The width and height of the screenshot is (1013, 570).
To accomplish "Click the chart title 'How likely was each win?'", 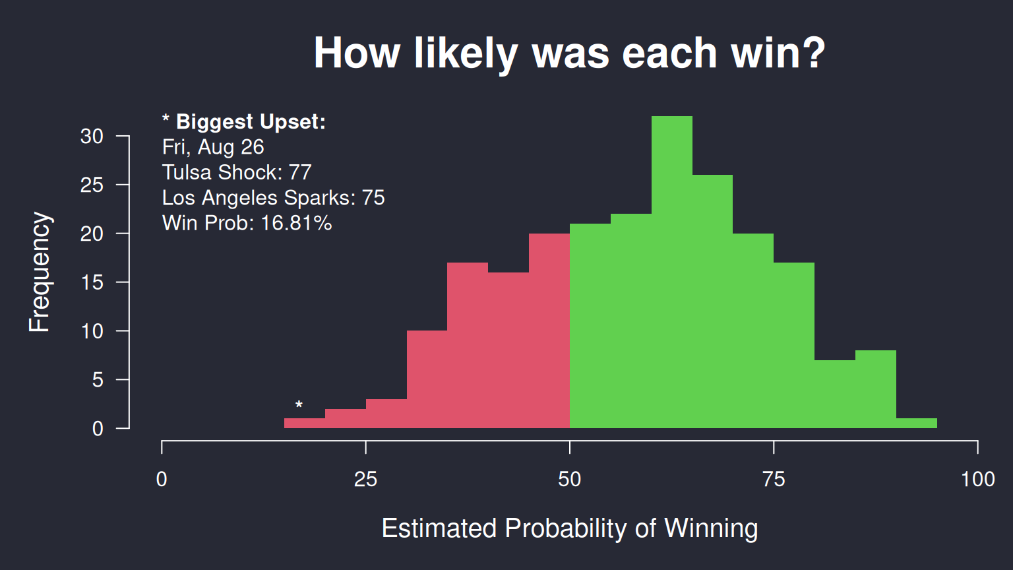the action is pos(569,53).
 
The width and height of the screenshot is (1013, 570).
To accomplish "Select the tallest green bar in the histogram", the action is pos(671,272).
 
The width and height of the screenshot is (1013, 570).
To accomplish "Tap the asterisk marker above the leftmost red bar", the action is pos(299,404).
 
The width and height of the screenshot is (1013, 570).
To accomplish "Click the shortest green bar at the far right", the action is pos(916,423).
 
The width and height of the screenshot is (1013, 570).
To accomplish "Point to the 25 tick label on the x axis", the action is pos(365,480).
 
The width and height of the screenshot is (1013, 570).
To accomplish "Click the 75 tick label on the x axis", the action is pos(774,480).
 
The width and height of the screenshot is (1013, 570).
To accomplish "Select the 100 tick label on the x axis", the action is pos(978,480).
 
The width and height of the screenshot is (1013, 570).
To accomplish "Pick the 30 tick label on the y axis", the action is pos(92,136).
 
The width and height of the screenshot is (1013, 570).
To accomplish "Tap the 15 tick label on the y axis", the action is pos(92,282).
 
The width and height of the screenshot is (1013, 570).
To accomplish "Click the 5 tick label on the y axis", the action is pos(98,380).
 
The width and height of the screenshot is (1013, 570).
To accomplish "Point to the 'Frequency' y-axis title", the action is pos(40,272).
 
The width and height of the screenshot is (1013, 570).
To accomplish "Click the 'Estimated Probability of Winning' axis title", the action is pos(569,528).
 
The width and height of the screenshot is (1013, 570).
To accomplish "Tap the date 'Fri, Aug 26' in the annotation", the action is pos(213,147).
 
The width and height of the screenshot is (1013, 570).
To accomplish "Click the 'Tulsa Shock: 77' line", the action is pos(237,172).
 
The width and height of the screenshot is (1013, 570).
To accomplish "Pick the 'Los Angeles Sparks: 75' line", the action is pos(273,198).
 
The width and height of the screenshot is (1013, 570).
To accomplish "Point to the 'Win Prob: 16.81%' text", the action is pos(247,223).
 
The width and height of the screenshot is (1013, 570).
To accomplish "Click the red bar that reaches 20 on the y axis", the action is pos(549,331).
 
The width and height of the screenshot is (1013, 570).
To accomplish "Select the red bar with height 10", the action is pos(427,379).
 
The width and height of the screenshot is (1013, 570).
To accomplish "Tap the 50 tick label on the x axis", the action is pos(569,480).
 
